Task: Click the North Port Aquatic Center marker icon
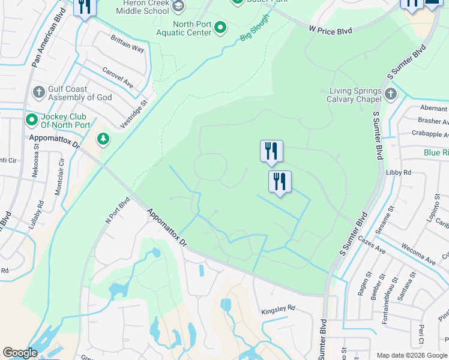coord(220,27)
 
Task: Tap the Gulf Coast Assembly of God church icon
coord(39,92)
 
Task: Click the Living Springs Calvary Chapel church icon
coord(391,94)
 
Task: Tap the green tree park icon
coord(104,139)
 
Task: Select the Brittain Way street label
coord(127,44)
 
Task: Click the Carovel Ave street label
coord(117,77)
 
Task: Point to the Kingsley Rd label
coord(279,308)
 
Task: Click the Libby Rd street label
coord(399,172)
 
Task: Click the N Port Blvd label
coord(118,210)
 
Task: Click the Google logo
coord(20,353)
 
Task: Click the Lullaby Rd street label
coord(36,215)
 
